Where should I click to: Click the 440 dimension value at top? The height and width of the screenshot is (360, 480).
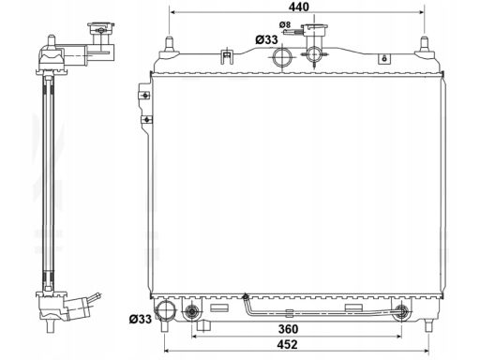point(298,7)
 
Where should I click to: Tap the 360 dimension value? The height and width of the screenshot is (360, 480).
point(288,329)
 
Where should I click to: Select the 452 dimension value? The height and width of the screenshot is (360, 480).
point(287,344)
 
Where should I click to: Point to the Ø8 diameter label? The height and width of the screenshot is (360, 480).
point(285,24)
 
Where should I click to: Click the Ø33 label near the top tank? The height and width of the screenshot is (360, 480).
point(266,39)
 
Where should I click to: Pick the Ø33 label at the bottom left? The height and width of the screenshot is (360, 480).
point(141,319)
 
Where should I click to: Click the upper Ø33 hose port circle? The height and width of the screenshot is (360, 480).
point(282,57)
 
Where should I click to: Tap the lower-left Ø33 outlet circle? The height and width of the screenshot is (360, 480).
point(166,311)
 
